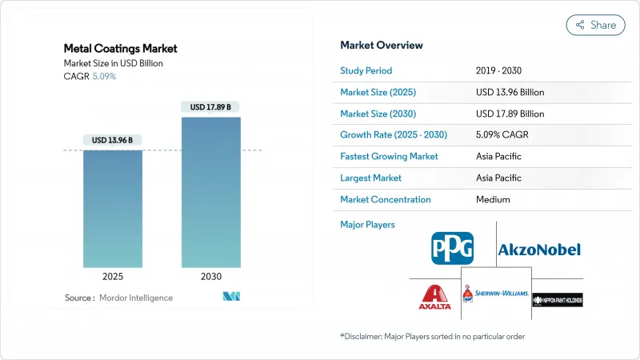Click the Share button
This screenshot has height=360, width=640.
[596, 25]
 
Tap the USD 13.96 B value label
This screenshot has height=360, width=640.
[113, 140]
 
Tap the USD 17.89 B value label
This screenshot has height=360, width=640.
[210, 106]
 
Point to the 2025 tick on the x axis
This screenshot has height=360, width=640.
[113, 278]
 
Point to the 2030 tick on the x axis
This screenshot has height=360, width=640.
[210, 278]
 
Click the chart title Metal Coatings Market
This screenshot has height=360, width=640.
[122, 48]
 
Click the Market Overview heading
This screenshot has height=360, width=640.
[382, 46]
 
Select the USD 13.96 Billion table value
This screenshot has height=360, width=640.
[510, 91]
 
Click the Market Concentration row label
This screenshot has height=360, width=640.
[385, 199]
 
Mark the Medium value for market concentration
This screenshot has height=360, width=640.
[493, 199]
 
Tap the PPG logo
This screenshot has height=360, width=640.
[452, 248]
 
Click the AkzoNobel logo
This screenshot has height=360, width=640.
[539, 250]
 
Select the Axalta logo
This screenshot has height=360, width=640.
[436, 298]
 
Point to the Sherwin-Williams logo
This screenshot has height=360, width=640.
[496, 294]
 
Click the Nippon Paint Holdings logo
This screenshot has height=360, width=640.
[557, 298]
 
